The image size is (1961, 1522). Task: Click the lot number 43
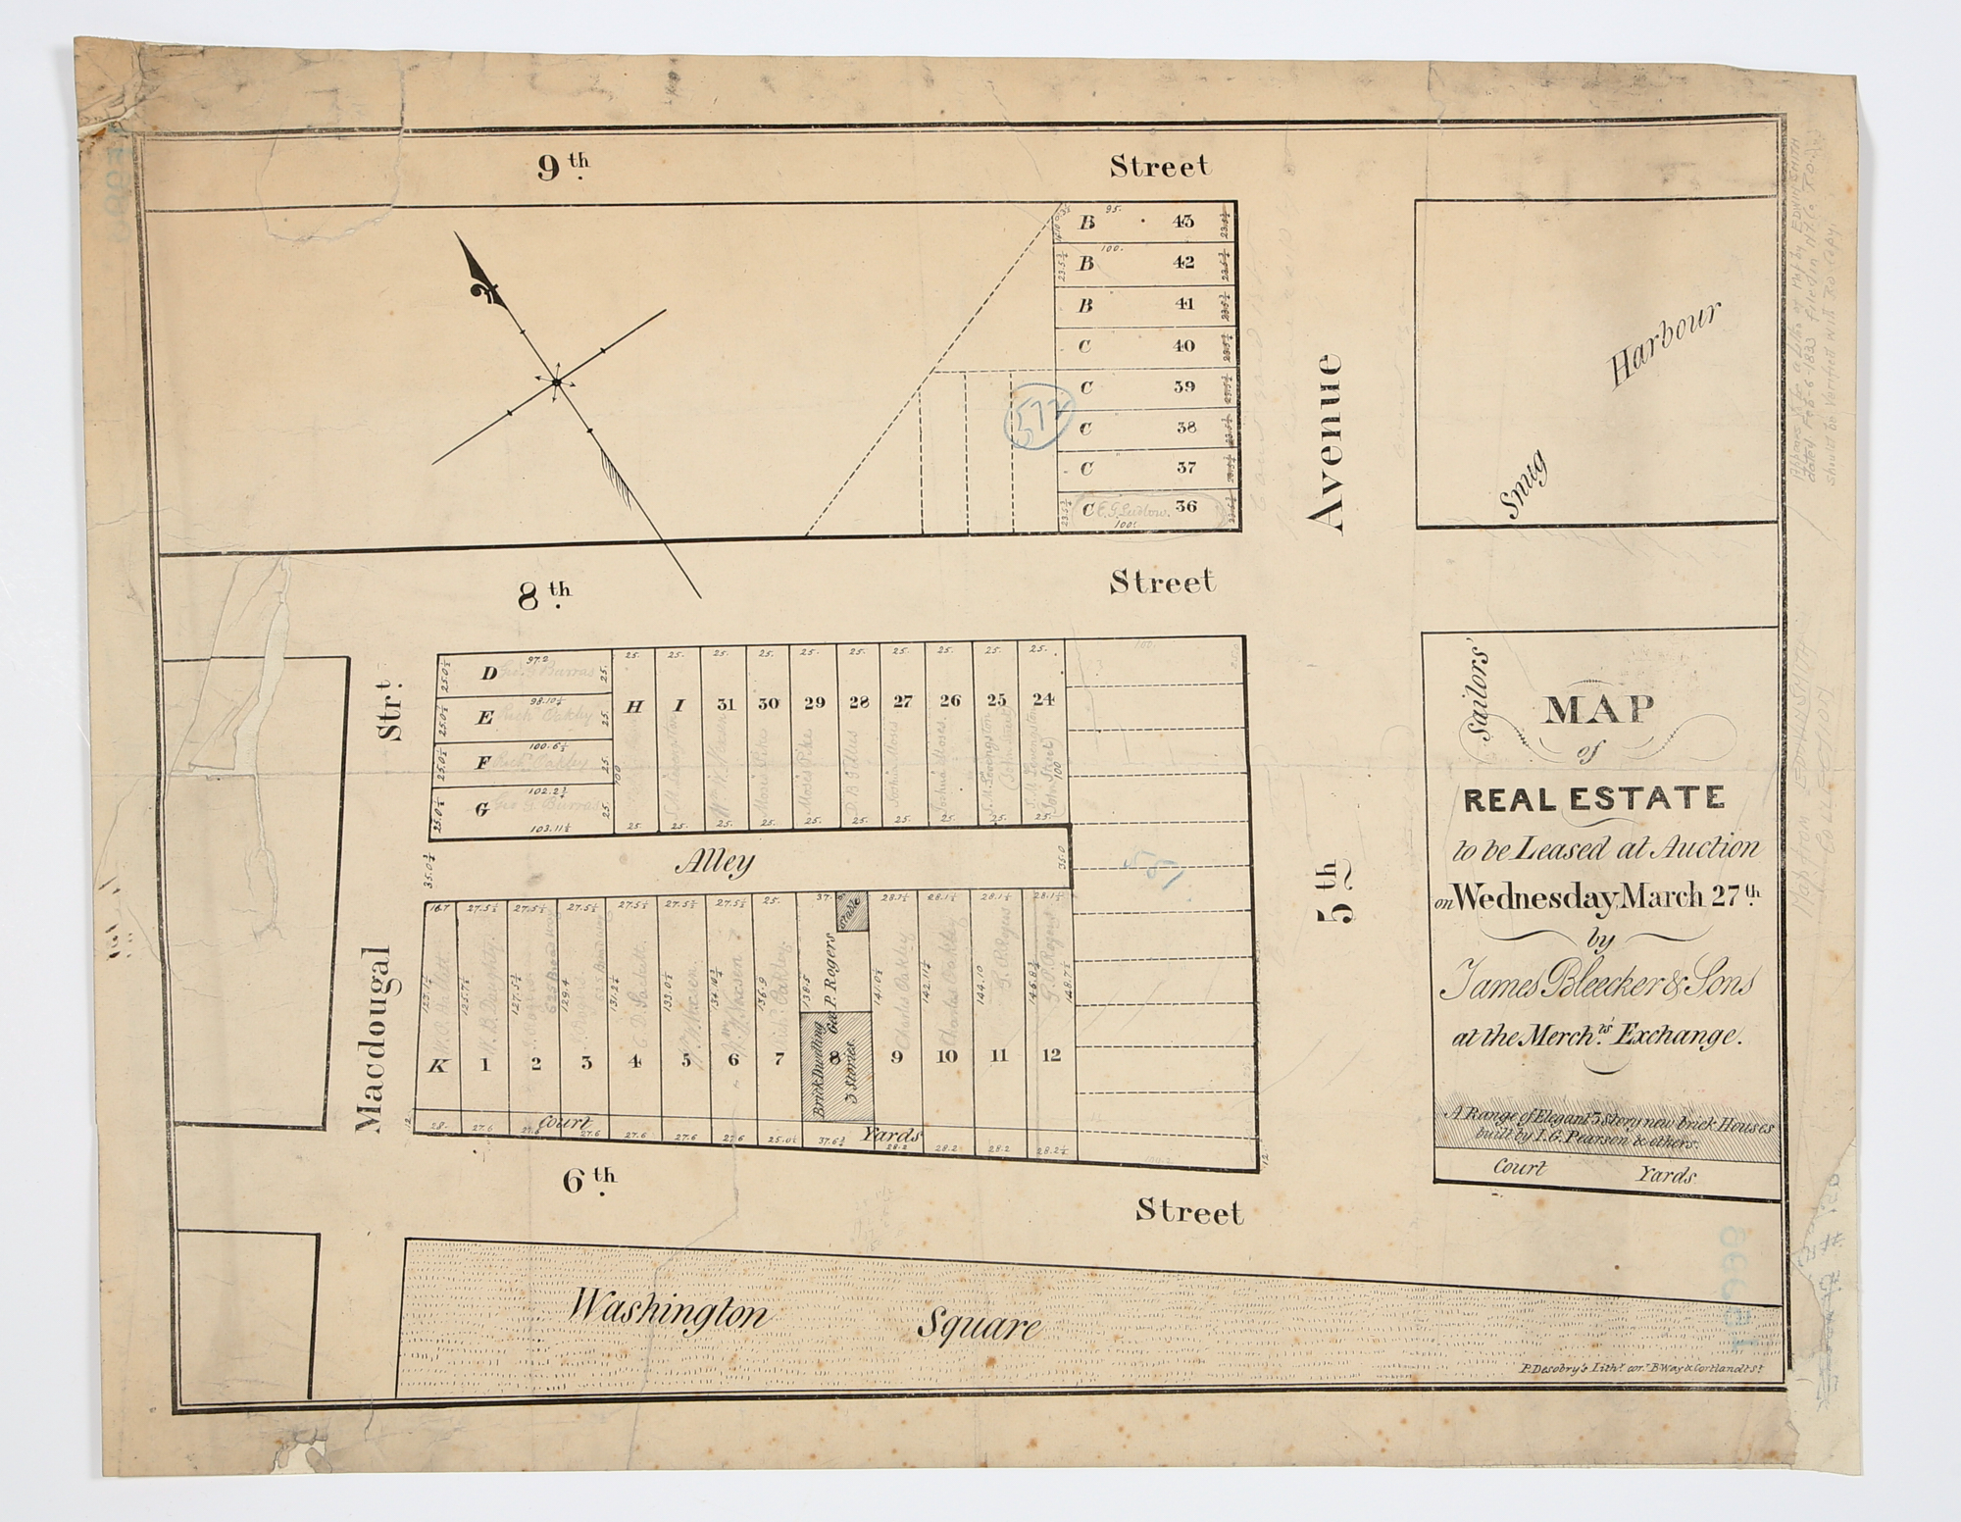[1183, 222]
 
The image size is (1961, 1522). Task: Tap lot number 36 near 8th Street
[1184, 507]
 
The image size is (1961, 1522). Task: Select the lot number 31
[726, 703]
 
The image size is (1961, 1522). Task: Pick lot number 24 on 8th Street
[1042, 699]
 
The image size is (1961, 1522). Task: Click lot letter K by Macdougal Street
[440, 1066]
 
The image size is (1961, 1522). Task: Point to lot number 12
[1051, 1055]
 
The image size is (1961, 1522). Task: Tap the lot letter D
[488, 673]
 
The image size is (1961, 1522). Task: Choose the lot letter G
[481, 809]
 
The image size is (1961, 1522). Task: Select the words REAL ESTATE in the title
[1593, 799]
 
